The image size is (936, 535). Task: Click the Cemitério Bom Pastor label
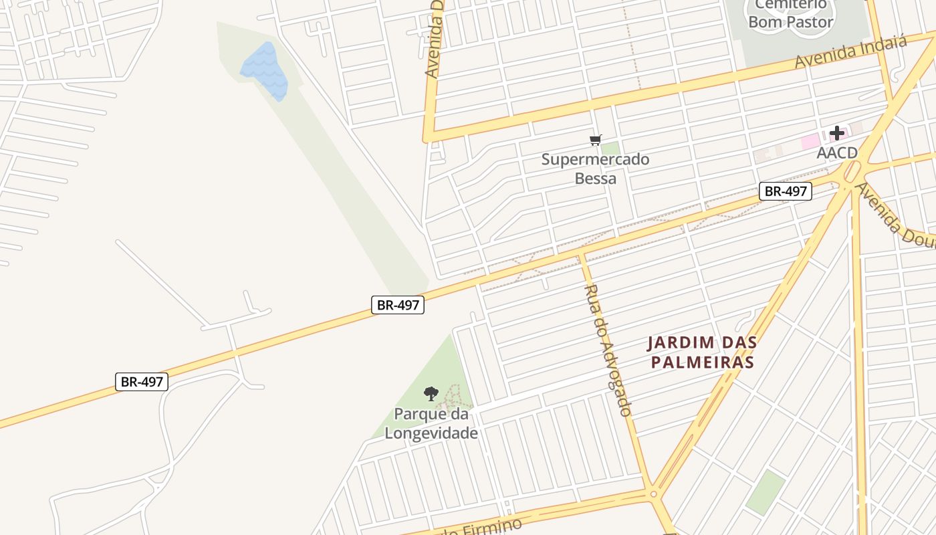790,14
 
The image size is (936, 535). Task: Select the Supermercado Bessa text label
595,169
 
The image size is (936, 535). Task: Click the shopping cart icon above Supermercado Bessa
595,140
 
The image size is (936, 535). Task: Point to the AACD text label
836,153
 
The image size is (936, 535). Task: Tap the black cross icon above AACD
836,133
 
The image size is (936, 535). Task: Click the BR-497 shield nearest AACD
786,191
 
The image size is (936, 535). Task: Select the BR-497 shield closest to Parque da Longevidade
398,305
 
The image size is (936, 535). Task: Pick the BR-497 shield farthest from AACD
141,382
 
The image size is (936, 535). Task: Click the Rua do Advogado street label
608,350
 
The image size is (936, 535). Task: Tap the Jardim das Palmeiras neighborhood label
701,352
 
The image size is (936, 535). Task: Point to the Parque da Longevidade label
431,423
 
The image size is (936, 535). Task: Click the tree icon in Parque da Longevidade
431,393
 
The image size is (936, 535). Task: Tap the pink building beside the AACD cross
810,141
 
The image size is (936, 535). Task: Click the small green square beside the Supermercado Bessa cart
610,148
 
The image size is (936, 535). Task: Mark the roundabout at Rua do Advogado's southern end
653,494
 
